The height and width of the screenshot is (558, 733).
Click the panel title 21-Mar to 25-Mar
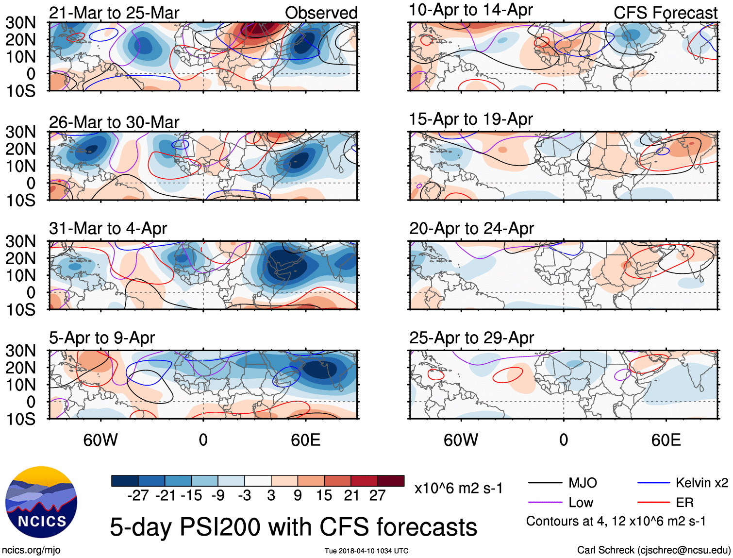point(114,13)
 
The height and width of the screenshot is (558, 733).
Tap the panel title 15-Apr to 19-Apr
point(471,119)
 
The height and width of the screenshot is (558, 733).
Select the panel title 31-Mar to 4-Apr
point(108,228)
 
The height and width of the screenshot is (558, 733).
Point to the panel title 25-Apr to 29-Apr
point(471,338)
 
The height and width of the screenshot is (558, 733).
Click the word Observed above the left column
point(321,13)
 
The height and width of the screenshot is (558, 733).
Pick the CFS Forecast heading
point(665,13)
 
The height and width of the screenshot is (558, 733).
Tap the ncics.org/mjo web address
point(31,550)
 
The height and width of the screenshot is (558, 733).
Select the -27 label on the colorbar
point(138,495)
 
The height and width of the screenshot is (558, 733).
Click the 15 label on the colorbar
point(324,495)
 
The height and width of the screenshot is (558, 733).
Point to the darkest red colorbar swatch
point(391,481)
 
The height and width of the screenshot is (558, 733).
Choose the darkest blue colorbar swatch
point(125,481)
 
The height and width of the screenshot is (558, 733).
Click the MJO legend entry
point(583,483)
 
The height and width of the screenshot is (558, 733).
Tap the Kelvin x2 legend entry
point(701,483)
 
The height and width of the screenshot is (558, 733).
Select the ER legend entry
point(684,502)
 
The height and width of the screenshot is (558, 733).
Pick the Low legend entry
point(581,502)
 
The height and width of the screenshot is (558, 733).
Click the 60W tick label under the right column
point(461,440)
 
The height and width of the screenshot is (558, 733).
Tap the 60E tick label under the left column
point(305,440)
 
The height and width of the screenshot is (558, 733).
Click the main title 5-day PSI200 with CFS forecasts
point(293,527)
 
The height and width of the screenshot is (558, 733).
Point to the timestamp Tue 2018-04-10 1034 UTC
point(366,551)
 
